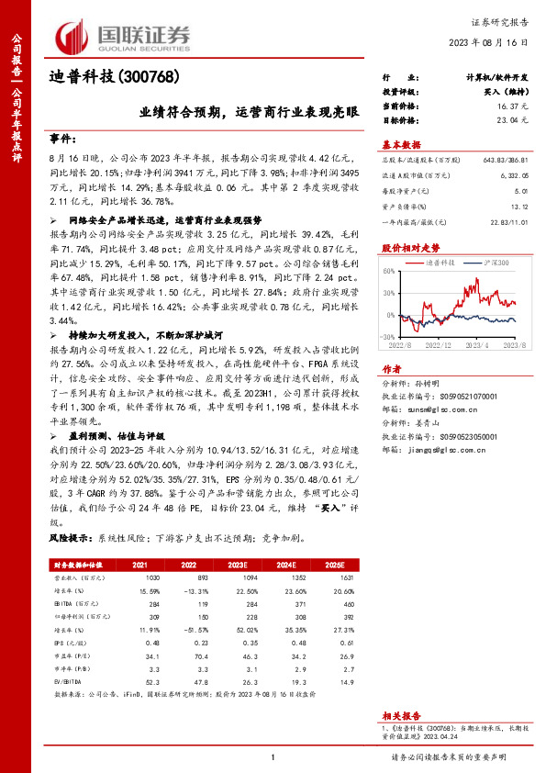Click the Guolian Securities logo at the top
[x=124, y=36]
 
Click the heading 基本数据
[x=401, y=145]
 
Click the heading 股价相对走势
[x=405, y=249]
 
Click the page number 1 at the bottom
[x=273, y=756]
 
